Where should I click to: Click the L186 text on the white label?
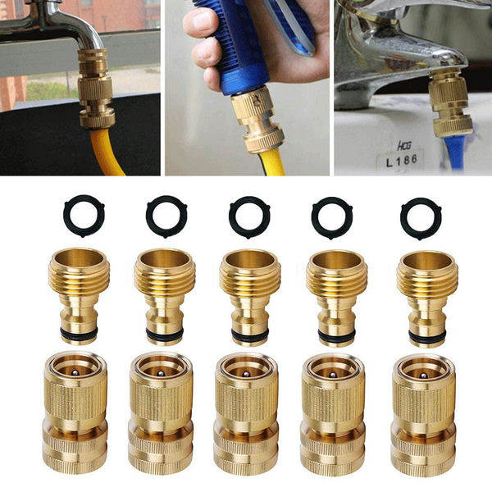point(400,162)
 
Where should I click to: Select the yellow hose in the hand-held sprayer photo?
point(271,162)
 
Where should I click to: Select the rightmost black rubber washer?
point(421,218)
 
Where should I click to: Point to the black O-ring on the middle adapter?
point(249,335)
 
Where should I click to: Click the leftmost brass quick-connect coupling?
point(75,413)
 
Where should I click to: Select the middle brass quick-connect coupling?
point(248,414)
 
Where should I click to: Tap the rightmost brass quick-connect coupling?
point(423,414)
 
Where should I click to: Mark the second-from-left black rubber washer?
point(166,216)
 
